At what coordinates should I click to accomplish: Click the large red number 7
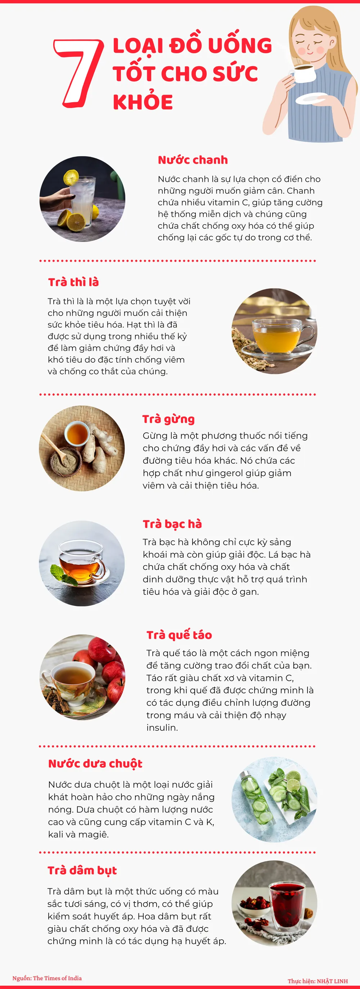tap(79, 73)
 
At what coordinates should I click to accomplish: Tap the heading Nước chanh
tap(193, 160)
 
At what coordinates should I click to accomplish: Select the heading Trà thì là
tap(73, 282)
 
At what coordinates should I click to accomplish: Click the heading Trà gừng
tap(168, 419)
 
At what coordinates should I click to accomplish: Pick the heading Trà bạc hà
tap(172, 524)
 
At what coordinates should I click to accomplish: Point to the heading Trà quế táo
tap(179, 635)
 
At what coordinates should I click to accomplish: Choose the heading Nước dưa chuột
tap(95, 764)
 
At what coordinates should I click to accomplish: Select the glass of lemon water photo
tap(82, 199)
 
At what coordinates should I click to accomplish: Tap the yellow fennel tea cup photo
tap(274, 331)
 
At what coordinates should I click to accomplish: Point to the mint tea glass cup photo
tap(82, 563)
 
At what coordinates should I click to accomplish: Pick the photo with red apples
tap(82, 677)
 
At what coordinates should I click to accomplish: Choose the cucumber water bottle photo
tap(274, 799)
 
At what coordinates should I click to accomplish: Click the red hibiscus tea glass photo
tap(274, 903)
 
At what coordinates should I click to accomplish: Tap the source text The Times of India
tap(57, 978)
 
